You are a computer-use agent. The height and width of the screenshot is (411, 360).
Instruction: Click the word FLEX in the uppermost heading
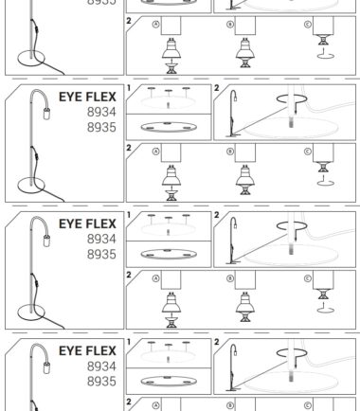point(99,97)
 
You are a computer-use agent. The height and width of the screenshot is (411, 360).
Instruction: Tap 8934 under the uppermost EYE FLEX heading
point(101,112)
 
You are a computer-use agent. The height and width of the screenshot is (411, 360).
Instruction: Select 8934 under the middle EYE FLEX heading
point(101,239)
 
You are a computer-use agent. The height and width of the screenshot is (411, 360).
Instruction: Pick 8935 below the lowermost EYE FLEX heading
point(101,382)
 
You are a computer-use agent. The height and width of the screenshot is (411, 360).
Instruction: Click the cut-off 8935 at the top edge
point(101,2)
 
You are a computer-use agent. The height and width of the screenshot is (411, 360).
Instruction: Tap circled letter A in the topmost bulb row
point(155,25)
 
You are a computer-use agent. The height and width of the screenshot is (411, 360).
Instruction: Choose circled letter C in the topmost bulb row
point(307,25)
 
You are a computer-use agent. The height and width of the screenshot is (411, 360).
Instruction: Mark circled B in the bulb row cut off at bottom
point(230,405)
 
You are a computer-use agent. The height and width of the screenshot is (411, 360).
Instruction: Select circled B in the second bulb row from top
point(230,152)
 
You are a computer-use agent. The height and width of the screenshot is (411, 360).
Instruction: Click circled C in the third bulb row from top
point(307,278)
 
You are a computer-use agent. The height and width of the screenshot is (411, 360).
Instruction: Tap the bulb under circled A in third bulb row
point(171,302)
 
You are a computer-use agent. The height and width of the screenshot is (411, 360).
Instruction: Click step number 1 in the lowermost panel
point(129,342)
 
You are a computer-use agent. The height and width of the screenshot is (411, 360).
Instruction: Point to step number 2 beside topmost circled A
point(129,21)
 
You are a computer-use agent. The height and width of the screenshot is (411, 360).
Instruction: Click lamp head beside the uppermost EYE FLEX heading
point(46,114)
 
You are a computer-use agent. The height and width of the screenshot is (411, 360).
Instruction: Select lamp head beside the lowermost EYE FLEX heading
point(46,367)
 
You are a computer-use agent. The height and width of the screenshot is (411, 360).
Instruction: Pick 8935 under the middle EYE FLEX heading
point(101,254)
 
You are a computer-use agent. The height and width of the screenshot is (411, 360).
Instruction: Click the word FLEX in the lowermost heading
point(99,350)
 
